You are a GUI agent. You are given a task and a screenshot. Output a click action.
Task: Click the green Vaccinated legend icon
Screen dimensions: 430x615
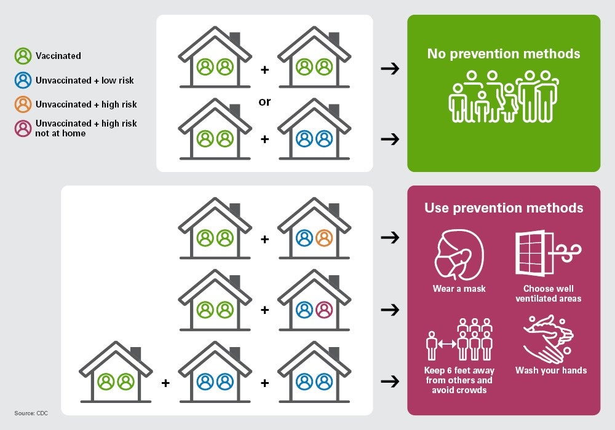[x=23, y=56]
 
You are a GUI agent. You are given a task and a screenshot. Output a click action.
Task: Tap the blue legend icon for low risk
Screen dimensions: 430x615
[x=23, y=80]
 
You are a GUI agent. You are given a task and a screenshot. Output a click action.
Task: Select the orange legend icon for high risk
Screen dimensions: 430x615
[x=23, y=104]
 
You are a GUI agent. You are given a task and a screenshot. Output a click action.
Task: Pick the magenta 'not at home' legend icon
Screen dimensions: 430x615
[x=23, y=128]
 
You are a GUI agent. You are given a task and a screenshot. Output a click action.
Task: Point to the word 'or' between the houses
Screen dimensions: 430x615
[x=264, y=102]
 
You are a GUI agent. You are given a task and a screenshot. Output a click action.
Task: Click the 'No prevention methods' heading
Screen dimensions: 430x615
[x=504, y=54]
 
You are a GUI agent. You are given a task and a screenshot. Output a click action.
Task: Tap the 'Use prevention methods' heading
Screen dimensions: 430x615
[x=504, y=208]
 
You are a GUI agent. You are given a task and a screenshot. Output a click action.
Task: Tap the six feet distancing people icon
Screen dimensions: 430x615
[x=459, y=340]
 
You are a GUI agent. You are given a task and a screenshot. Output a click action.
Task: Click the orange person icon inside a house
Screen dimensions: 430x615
[x=323, y=238]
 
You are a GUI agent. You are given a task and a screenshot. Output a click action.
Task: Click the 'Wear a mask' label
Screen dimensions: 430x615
[x=459, y=289]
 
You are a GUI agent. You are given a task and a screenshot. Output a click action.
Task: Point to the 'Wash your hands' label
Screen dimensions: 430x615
[x=551, y=370]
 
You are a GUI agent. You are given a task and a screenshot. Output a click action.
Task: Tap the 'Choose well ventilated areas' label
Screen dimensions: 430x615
[x=549, y=294]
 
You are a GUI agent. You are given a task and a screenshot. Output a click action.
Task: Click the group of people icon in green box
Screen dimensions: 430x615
[x=504, y=96]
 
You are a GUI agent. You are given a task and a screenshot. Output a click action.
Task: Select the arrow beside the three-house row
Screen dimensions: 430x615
[x=390, y=381]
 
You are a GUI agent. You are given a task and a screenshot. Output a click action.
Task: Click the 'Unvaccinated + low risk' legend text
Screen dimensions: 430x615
[x=85, y=80]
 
